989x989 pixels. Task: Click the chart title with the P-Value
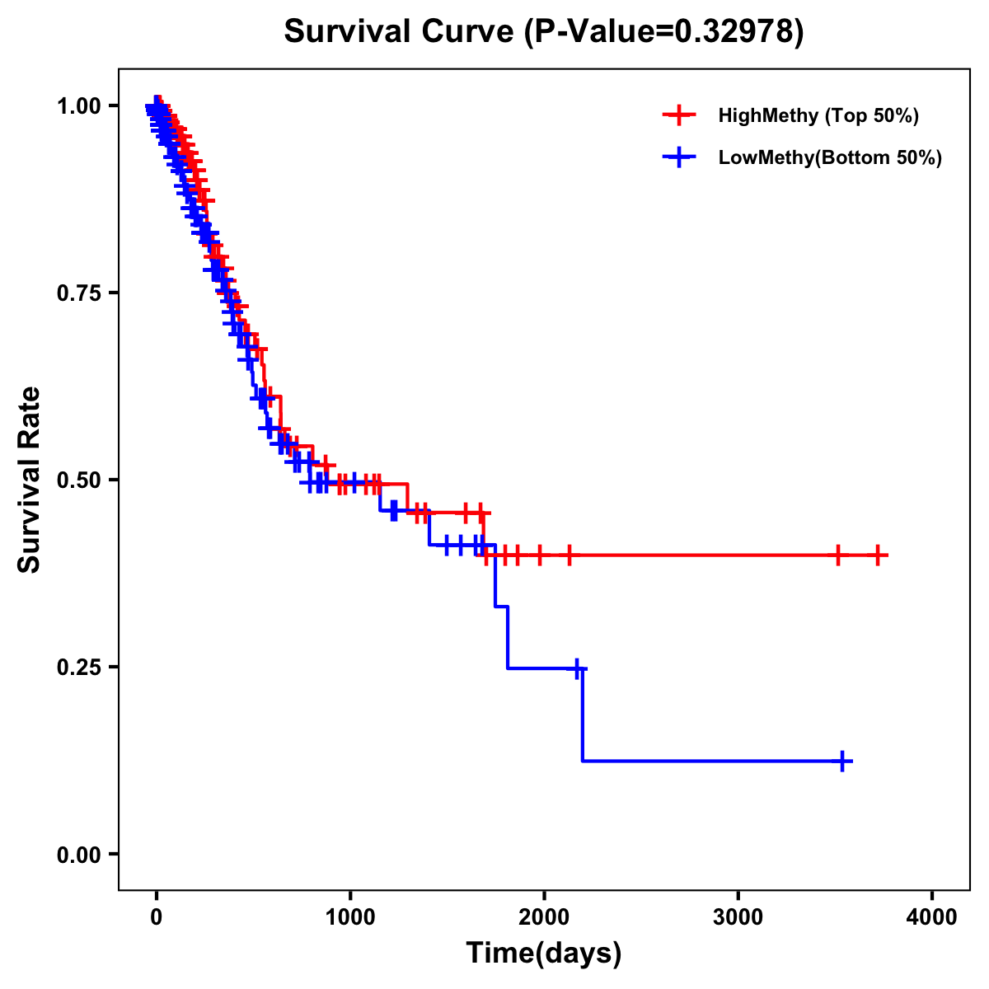544,31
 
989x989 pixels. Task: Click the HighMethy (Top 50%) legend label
818,115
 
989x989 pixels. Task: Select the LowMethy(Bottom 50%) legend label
830,157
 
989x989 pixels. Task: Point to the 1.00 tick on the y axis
78,105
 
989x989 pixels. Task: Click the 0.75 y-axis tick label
78,293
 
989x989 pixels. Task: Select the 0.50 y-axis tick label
78,480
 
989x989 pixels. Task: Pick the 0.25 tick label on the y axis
78,667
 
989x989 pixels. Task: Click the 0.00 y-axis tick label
78,855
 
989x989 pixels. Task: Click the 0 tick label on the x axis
157,916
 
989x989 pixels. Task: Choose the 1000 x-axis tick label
350,916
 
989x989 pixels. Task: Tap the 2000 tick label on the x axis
544,916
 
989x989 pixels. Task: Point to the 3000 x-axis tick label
738,916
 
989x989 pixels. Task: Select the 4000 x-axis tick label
932,916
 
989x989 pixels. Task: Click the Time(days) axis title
544,954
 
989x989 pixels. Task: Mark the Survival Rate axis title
30,480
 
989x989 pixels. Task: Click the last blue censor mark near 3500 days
843,761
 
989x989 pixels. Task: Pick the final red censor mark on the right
878,555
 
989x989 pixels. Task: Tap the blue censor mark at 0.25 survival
578,668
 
